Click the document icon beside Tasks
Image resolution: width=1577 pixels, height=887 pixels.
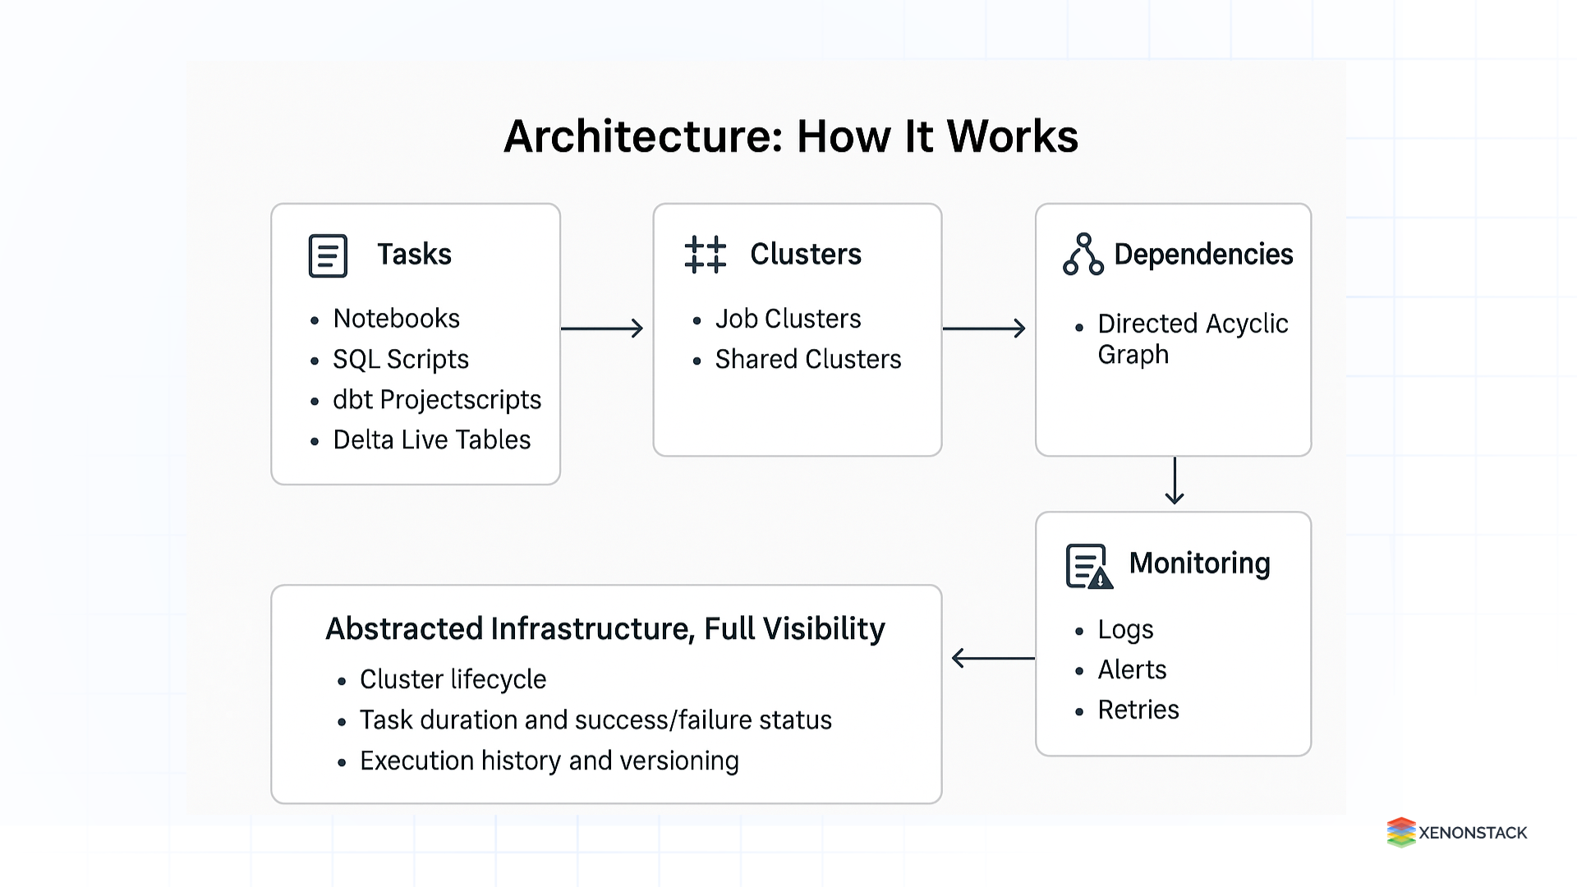(328, 255)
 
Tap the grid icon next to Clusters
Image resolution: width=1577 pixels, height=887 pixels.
(705, 255)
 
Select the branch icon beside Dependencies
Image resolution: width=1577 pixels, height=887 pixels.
(1083, 255)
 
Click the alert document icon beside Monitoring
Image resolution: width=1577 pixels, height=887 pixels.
(1088, 567)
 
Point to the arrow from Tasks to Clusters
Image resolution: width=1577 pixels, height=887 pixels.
(602, 329)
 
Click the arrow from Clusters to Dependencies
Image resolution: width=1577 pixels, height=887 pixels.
(984, 329)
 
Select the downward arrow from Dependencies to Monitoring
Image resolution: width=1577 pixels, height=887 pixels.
(1175, 481)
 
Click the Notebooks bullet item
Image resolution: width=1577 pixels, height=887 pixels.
(396, 319)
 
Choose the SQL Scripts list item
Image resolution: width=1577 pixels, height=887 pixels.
(400, 359)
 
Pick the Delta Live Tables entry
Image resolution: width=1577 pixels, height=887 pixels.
(431, 440)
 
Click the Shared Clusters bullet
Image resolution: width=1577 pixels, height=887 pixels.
(807, 359)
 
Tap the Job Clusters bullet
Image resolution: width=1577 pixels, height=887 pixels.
(788, 319)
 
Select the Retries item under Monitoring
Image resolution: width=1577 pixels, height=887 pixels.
(1138, 710)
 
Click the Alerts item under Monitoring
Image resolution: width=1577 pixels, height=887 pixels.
(1132, 669)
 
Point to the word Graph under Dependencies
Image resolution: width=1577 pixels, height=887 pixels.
(1133, 355)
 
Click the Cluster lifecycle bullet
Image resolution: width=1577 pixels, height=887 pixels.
(453, 679)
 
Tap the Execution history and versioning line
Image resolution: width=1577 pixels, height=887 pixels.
(549, 761)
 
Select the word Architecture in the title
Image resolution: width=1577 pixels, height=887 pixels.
(643, 136)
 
